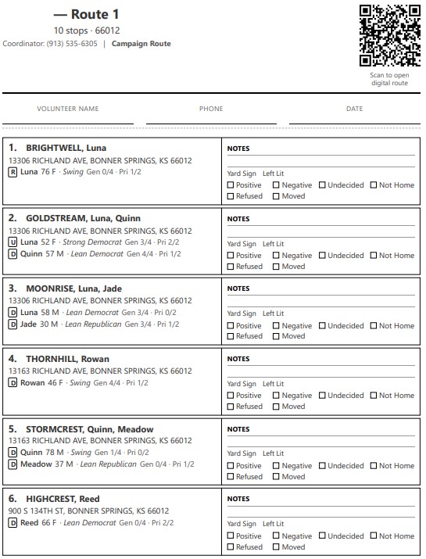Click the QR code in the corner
[x=389, y=36]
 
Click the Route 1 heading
[x=87, y=14]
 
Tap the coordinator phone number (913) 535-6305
[x=72, y=44]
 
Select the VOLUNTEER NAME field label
[x=68, y=109]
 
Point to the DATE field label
[x=354, y=109]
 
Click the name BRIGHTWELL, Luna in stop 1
[x=66, y=148]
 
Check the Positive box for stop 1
[x=231, y=185]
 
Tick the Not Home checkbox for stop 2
[x=373, y=256]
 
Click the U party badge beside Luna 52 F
[x=13, y=242]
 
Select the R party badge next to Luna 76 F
[x=13, y=172]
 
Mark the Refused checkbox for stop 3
[x=231, y=336]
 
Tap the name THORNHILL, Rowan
[x=67, y=359]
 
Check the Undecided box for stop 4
[x=322, y=396]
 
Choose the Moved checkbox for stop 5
[x=277, y=476]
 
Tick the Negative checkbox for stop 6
[x=277, y=536]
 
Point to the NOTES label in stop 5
[x=238, y=429]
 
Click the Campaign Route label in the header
[x=141, y=44]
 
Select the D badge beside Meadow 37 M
[x=13, y=464]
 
